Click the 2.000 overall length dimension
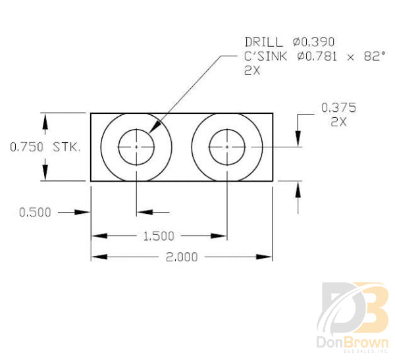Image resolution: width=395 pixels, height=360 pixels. click(182, 257)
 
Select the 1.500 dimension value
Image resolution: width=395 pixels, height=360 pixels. click(159, 236)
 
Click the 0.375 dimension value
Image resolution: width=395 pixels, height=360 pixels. click(338, 107)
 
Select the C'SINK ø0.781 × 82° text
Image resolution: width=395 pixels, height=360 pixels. click(313, 57)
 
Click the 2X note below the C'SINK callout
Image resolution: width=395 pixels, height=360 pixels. click(252, 71)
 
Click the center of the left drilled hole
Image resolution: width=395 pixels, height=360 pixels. click(136, 147)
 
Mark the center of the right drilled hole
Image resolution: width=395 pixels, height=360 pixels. click(227, 147)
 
